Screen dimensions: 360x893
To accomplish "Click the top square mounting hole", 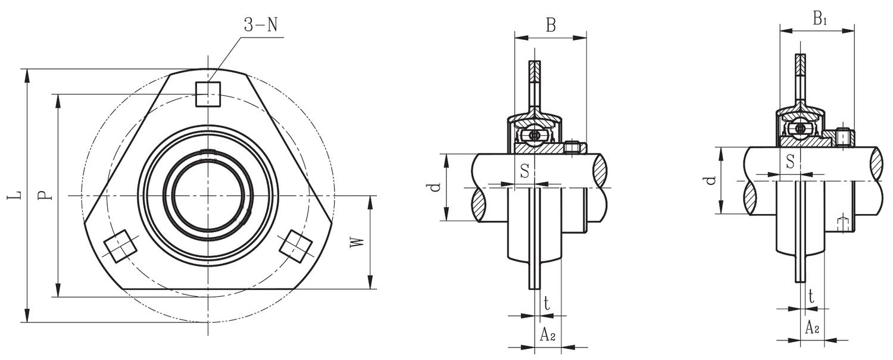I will tap(208, 94).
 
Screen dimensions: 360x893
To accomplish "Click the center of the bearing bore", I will tap(208, 195).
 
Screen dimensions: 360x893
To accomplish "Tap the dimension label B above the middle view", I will tap(551, 25).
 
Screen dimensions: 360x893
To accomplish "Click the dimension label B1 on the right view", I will tap(819, 19).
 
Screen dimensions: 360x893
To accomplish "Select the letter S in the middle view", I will tap(524, 171).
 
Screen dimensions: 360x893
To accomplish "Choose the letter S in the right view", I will tap(791, 161).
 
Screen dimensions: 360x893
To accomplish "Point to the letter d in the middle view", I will tap(435, 187).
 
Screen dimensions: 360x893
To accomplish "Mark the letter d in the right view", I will tap(710, 180).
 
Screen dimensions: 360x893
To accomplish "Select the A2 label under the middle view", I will tap(548, 336).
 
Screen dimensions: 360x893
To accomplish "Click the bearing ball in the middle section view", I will tap(535, 135).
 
